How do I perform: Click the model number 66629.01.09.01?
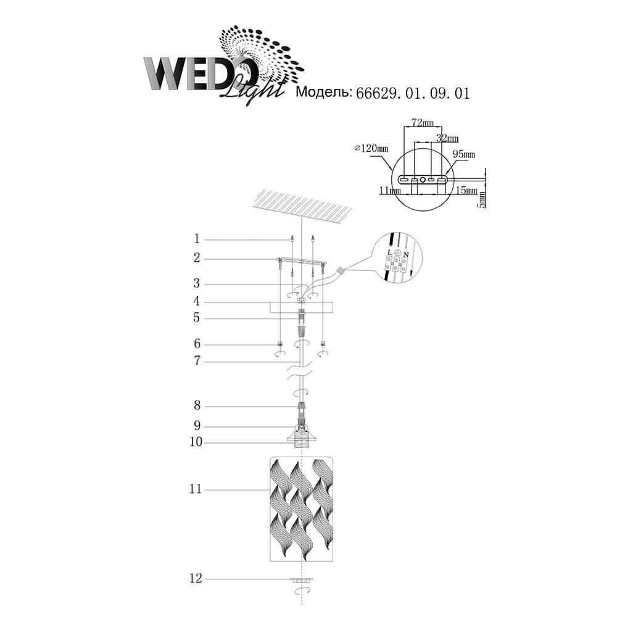pyautogui.click(x=413, y=93)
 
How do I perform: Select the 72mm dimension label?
pyautogui.click(x=423, y=123)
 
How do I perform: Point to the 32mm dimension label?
pyautogui.click(x=447, y=138)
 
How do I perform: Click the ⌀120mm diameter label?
pyautogui.click(x=371, y=148)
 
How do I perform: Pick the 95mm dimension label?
pyautogui.click(x=463, y=154)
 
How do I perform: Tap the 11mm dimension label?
pyautogui.click(x=389, y=191)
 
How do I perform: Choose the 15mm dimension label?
pyautogui.click(x=466, y=191)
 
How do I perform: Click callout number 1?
pyautogui.click(x=197, y=239)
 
